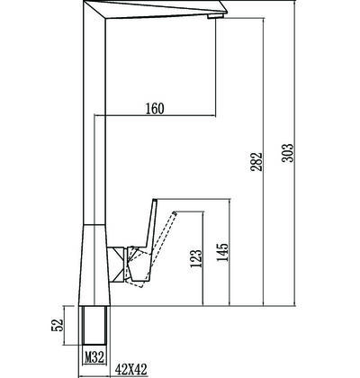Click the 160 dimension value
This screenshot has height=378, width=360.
click(x=155, y=108)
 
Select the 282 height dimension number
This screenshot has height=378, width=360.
click(x=256, y=162)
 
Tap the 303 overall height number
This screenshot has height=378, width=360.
click(x=287, y=153)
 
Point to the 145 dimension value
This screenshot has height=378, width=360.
click(x=222, y=252)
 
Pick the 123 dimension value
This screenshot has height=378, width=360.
click(x=196, y=258)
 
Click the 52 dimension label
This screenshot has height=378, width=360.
click(x=58, y=325)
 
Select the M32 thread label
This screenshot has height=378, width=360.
click(x=94, y=357)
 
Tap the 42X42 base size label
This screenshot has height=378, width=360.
click(x=131, y=370)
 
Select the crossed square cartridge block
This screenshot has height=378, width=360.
click(x=117, y=265)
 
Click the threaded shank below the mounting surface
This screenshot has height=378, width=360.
click(x=94, y=325)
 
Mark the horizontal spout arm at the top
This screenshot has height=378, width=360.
click(x=156, y=10)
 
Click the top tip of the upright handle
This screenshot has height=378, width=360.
click(x=155, y=200)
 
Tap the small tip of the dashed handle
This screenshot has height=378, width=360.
click(x=175, y=212)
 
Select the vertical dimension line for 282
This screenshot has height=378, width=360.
click(x=264, y=162)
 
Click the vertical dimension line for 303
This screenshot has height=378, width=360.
click(x=295, y=153)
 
